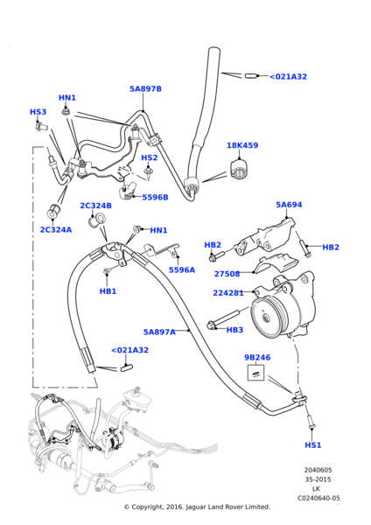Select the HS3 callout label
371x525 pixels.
(x=38, y=112)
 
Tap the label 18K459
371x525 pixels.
(x=242, y=146)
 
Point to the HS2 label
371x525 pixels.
(x=150, y=158)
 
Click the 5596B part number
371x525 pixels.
(x=155, y=198)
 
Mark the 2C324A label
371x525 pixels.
(x=55, y=229)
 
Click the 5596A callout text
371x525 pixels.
(x=182, y=270)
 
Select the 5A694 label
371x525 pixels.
(x=289, y=206)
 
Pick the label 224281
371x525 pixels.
(x=228, y=293)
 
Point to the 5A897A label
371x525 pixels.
(x=159, y=332)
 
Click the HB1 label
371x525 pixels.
(x=108, y=291)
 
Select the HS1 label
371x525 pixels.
(x=312, y=445)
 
